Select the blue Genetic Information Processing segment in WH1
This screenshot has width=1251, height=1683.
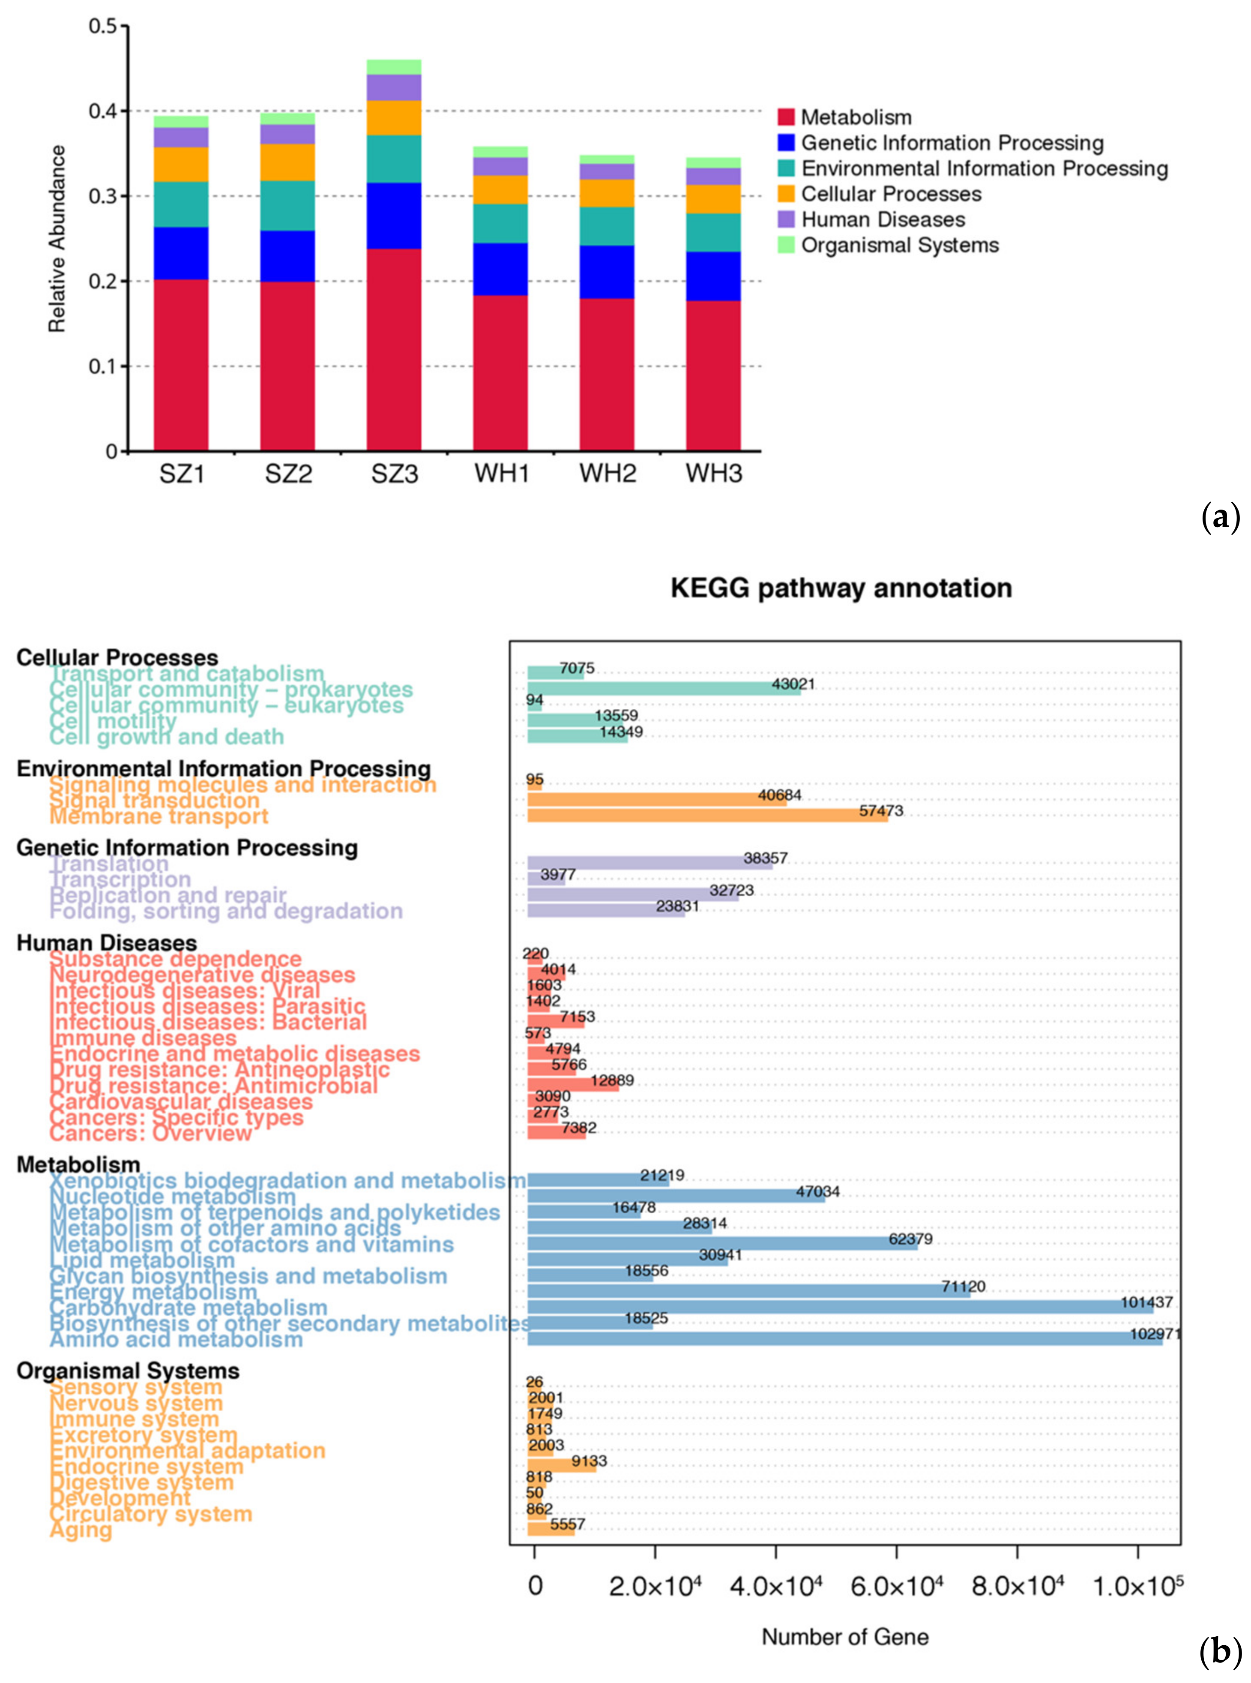(x=500, y=269)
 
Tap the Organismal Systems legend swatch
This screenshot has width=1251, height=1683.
(x=786, y=245)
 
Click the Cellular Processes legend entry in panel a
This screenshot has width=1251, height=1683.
(x=891, y=194)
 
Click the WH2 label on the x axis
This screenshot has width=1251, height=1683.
(x=608, y=474)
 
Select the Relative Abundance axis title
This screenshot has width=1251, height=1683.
(x=57, y=239)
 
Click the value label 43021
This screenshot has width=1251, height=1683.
(x=793, y=684)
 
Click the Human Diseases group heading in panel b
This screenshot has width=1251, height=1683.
(x=107, y=942)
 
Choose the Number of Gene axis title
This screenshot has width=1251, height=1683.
(x=844, y=1637)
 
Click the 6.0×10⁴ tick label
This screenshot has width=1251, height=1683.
(x=897, y=1585)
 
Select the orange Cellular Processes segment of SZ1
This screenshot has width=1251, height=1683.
(x=181, y=165)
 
